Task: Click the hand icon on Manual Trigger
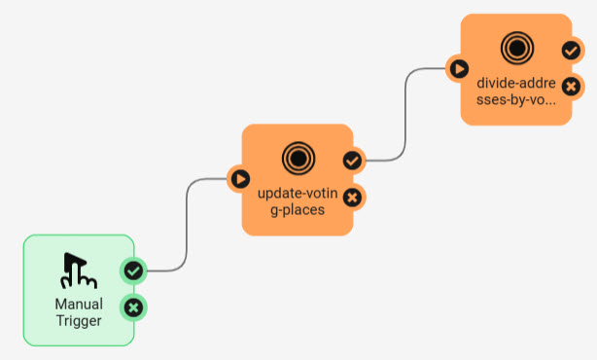pos(79,270)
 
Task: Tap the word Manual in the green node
pos(79,304)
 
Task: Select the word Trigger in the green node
pos(79,321)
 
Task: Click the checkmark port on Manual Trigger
pos(133,271)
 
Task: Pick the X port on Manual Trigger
pos(133,307)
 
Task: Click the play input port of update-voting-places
pos(240,179)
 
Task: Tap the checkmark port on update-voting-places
pos(352,161)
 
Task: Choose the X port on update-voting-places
pos(352,198)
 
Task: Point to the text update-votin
pos(298,194)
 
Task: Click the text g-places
pos(298,210)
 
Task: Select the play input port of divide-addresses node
pos(459,69)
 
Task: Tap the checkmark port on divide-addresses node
pos(571,51)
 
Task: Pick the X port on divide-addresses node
pos(571,87)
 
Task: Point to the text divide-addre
pos(516,83)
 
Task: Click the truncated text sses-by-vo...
pos(516,100)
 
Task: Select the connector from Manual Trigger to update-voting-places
pos(187,225)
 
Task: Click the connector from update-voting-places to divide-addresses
pos(405,114)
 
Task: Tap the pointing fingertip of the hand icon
pos(67,255)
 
